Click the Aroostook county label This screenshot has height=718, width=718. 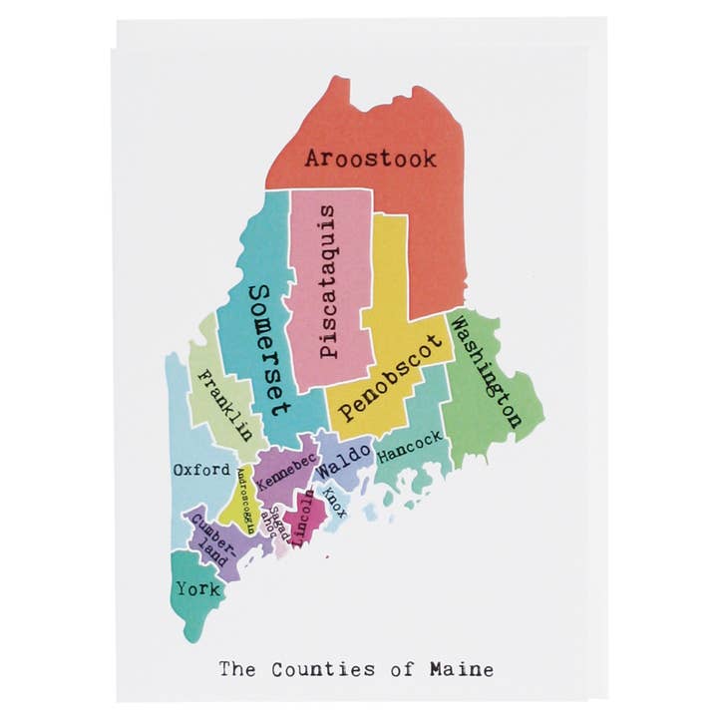pyautogui.click(x=370, y=158)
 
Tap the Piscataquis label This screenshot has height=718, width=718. pyautogui.click(x=330, y=283)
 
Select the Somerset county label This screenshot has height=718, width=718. pyautogui.click(x=268, y=349)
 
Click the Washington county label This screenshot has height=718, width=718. pyautogui.click(x=486, y=371)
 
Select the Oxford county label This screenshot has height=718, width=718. pyautogui.click(x=201, y=469)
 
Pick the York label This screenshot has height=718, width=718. pyautogui.click(x=197, y=588)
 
